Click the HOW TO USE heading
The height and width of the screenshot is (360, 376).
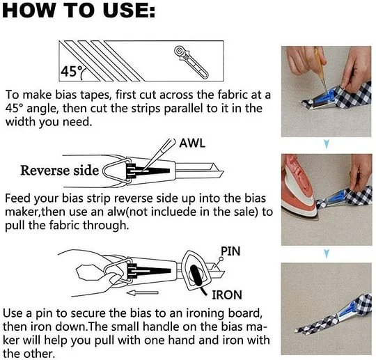[x=79, y=10]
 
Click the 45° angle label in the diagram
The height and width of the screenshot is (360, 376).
[x=72, y=71]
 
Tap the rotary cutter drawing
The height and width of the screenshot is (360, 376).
[x=191, y=62]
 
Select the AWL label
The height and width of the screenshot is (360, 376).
[x=192, y=143]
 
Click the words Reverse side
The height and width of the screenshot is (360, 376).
[x=59, y=171]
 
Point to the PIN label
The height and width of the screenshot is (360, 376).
[x=230, y=251]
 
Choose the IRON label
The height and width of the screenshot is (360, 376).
[x=227, y=295]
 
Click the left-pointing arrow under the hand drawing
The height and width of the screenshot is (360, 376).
[x=143, y=292]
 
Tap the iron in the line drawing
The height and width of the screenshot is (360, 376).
[x=196, y=272]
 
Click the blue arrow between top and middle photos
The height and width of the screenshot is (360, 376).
[x=327, y=144]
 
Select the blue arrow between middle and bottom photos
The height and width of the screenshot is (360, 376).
[x=326, y=253]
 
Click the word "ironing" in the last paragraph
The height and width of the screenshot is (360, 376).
[x=206, y=313]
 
